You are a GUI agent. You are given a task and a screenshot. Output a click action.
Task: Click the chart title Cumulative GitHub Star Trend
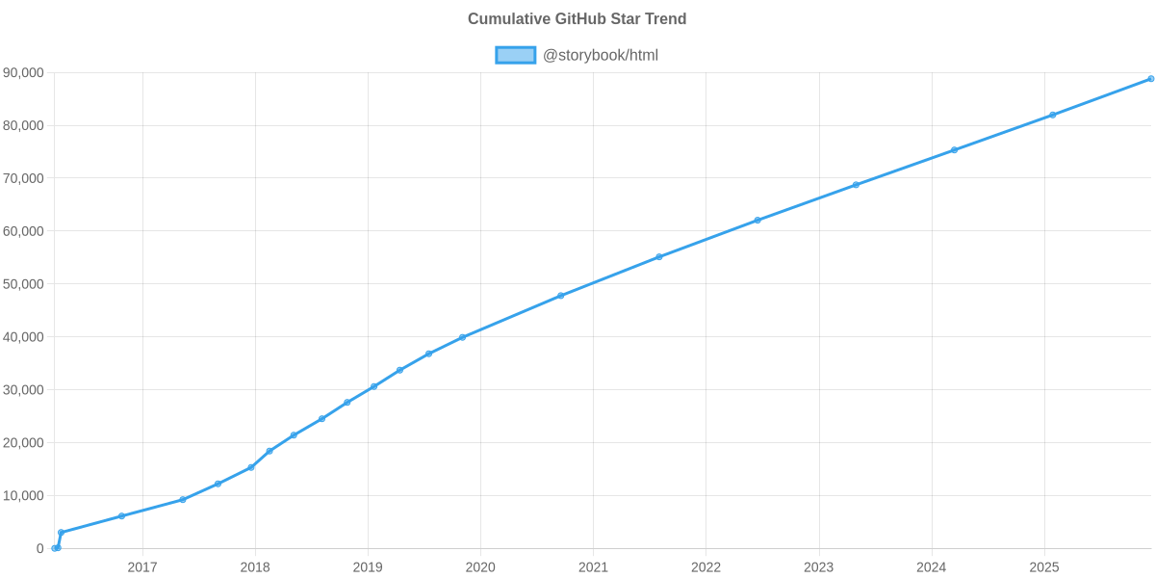click(x=577, y=19)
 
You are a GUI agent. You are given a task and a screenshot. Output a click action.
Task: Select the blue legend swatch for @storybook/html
click(x=515, y=55)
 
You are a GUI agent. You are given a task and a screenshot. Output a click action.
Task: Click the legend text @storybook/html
click(x=601, y=55)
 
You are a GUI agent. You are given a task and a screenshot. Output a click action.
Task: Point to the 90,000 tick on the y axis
click(x=24, y=73)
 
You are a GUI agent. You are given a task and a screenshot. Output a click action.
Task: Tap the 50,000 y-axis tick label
click(x=24, y=284)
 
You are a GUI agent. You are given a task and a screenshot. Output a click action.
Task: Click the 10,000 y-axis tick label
click(x=24, y=495)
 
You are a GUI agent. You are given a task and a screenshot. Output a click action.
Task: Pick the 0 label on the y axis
click(x=40, y=548)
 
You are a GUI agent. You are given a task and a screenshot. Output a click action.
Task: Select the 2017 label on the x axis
click(x=142, y=567)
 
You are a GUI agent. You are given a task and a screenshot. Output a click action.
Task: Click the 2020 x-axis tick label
click(x=480, y=567)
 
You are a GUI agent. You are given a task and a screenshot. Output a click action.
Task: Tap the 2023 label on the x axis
click(x=818, y=567)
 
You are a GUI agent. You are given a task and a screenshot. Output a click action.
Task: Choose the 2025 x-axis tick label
click(x=1044, y=567)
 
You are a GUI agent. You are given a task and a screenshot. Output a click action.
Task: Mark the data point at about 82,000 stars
click(x=1053, y=115)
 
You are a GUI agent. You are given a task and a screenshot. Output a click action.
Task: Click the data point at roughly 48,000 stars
click(x=560, y=296)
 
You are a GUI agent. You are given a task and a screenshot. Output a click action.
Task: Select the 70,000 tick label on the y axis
click(x=24, y=178)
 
